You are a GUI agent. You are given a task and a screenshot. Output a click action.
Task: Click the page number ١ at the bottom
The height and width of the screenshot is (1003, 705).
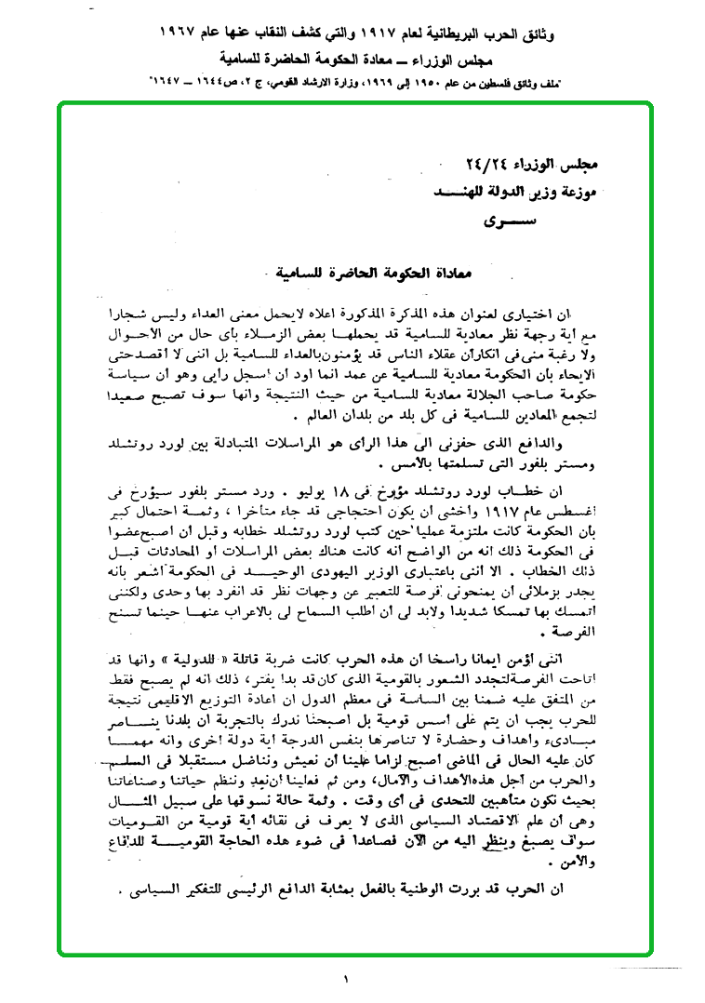point(345,980)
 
